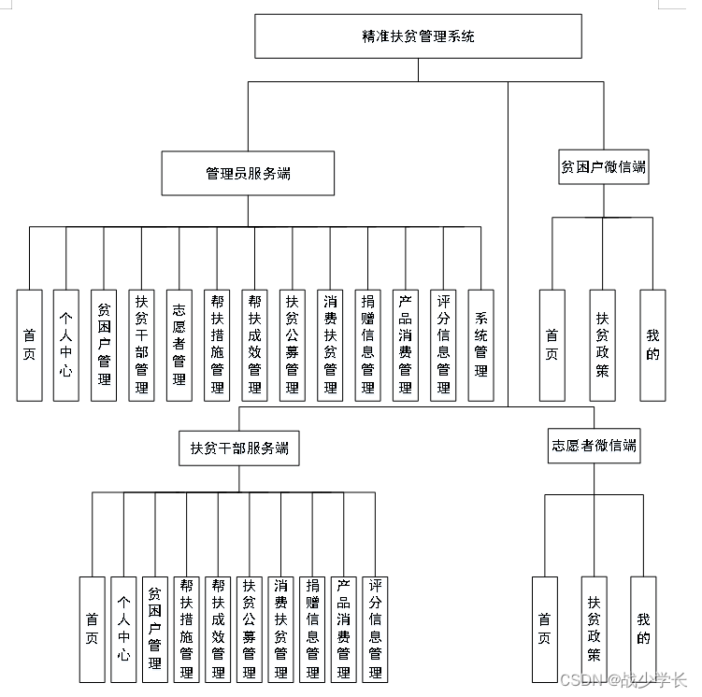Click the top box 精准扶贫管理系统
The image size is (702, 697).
click(418, 37)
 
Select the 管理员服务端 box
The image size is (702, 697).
click(247, 174)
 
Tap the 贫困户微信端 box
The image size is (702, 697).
click(603, 168)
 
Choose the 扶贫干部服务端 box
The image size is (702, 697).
click(239, 448)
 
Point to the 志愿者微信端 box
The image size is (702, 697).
click(594, 447)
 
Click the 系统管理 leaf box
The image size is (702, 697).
click(481, 345)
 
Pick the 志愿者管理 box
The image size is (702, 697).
click(179, 345)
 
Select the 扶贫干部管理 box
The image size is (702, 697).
click(142, 345)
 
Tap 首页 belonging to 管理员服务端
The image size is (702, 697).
click(30, 345)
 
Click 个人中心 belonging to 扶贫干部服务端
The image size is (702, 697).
click(123, 629)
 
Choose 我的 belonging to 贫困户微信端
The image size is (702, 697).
click(652, 345)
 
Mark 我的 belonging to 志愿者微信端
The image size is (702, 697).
click(643, 629)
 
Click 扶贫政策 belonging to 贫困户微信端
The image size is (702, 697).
click(603, 345)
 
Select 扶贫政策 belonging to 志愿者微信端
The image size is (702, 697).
click(594, 629)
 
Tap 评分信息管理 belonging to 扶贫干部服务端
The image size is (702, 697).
click(376, 629)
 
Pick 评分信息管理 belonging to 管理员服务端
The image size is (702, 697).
click(443, 345)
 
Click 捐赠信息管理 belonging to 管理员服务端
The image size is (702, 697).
click(368, 345)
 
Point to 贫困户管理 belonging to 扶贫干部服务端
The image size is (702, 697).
click(155, 629)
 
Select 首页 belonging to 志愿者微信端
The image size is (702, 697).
click(544, 629)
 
